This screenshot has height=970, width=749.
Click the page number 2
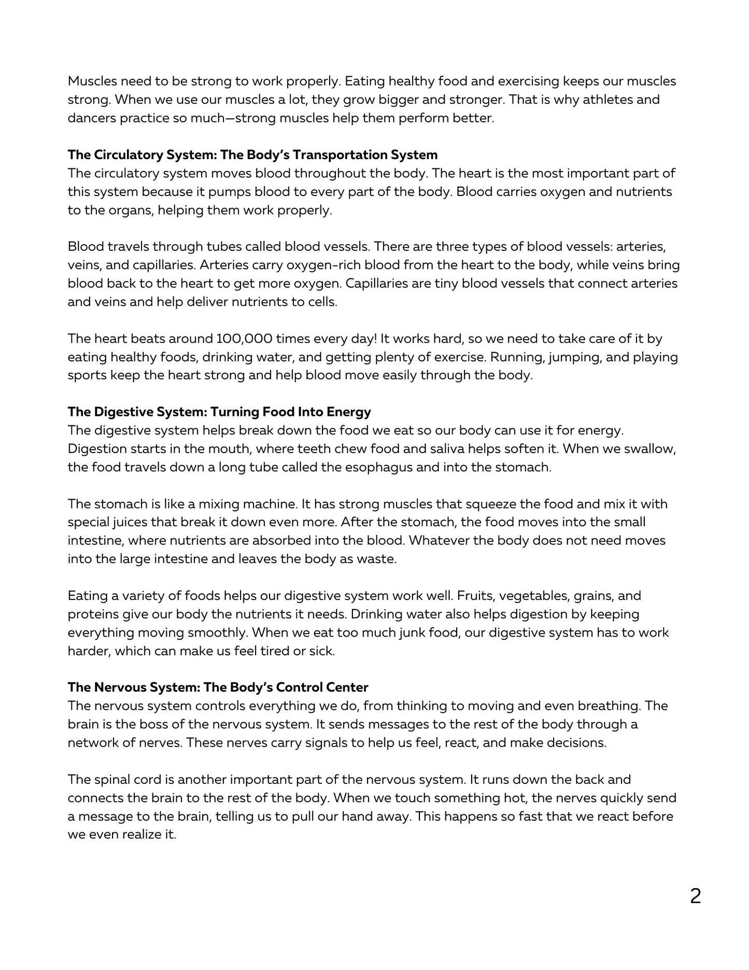pos(695,896)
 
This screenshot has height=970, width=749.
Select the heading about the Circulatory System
pos(252,154)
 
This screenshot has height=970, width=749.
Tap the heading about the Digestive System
pos(219,412)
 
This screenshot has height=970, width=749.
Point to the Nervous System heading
pos(218,687)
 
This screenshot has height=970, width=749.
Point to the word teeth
pos(340,448)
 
